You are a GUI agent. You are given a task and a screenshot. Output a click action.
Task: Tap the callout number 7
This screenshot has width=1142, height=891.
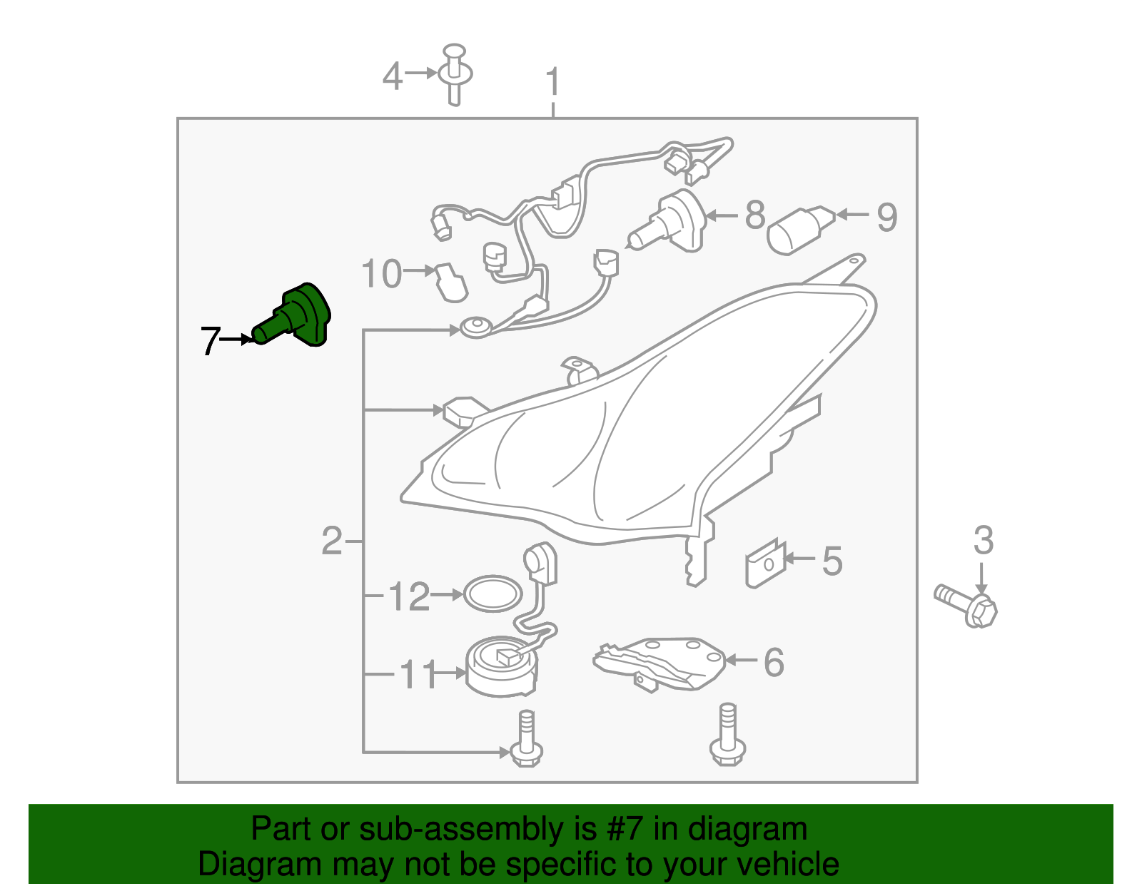point(211,341)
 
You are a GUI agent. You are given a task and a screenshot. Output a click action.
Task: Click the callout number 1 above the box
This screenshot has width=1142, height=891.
point(553,82)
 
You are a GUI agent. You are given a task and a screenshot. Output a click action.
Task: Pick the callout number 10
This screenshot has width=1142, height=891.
point(382,273)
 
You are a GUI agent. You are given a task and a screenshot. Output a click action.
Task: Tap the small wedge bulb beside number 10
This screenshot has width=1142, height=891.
point(451,282)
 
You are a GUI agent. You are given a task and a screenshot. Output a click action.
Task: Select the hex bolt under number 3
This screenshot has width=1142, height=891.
point(965,606)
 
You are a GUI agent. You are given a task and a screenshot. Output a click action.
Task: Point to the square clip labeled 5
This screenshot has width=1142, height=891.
point(765,564)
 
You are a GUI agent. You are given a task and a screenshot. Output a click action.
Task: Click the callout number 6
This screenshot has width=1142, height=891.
point(774,662)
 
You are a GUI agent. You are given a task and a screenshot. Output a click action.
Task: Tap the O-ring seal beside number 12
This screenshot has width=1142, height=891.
point(492,594)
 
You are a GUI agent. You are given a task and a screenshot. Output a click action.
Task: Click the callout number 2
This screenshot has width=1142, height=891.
point(332,541)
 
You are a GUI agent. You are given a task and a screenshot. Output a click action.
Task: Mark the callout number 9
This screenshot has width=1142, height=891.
point(887,218)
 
